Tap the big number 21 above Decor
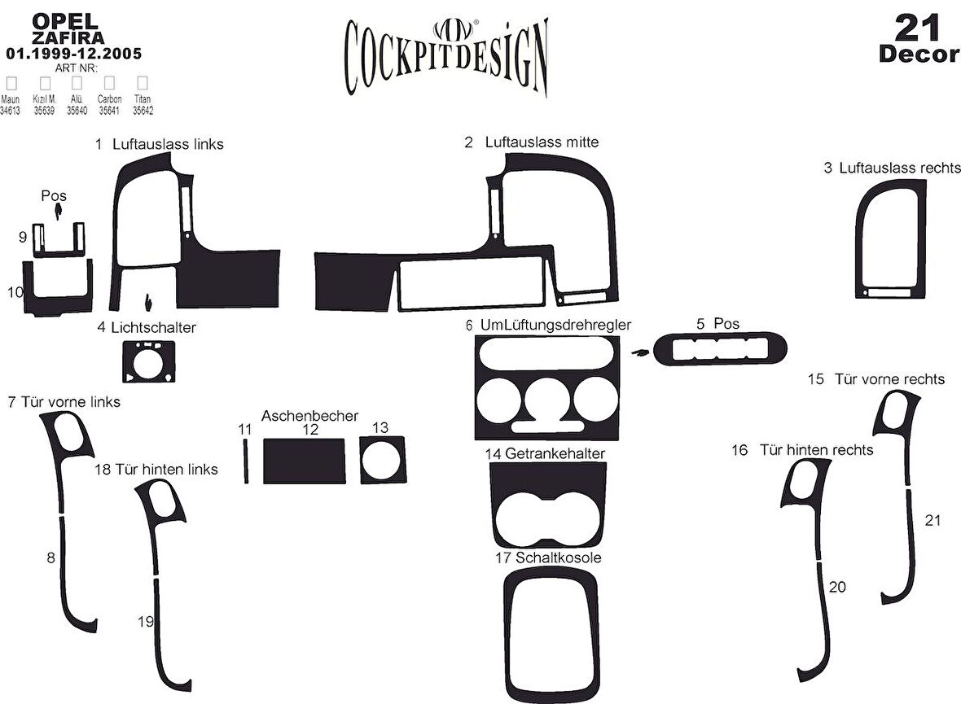point(918,28)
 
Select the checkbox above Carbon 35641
point(108,83)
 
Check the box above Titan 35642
point(143,83)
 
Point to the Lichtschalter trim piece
point(147,362)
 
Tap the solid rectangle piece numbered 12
point(303,461)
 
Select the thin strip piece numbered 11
point(245,461)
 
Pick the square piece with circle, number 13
point(380,460)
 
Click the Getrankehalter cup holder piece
point(548,505)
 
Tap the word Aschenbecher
point(309,416)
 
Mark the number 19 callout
point(146,622)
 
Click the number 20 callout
point(837,587)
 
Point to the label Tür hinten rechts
point(816,450)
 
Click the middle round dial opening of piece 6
point(547,399)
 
